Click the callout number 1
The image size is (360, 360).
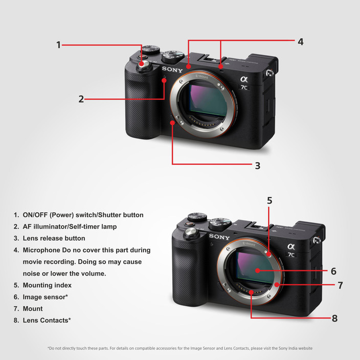click(59, 45)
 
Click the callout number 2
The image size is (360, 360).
click(81, 99)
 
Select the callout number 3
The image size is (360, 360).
click(258, 166)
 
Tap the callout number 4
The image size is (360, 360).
click(301, 42)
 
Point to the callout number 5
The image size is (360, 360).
click(269, 200)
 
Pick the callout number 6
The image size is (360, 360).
click(333, 271)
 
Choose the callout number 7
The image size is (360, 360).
click(340, 285)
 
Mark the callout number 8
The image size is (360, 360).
click(334, 318)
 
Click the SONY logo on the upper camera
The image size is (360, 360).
click(172, 69)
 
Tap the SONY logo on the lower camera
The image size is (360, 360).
click(219, 237)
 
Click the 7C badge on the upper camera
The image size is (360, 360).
click(244, 87)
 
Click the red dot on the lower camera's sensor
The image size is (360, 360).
click(257, 271)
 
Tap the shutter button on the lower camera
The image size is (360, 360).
click(191, 234)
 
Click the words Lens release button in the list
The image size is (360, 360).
click(54, 238)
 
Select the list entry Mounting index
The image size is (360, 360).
click(47, 285)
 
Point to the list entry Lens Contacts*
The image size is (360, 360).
click(47, 321)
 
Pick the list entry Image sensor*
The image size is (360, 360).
click(46, 297)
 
